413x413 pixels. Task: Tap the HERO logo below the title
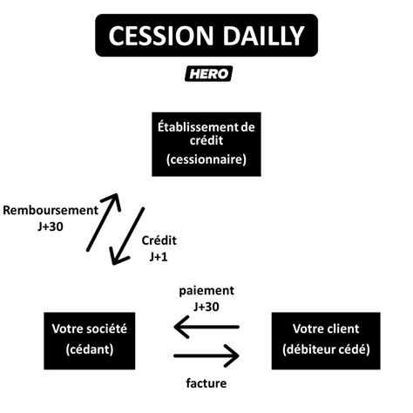(x=207, y=74)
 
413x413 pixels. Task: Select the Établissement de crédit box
(x=206, y=143)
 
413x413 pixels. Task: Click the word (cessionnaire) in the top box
(x=206, y=160)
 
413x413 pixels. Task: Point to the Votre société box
(x=89, y=339)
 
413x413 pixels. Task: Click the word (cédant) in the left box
(x=89, y=349)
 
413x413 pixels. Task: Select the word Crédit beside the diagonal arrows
(x=158, y=240)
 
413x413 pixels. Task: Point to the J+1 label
(x=158, y=256)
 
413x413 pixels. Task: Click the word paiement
(x=206, y=290)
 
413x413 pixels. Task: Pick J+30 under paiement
(x=206, y=306)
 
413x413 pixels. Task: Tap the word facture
(x=206, y=382)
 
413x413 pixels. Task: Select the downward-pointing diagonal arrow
(x=128, y=236)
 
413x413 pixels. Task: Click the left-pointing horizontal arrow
(x=206, y=327)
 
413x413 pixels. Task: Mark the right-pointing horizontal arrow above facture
(x=206, y=355)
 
